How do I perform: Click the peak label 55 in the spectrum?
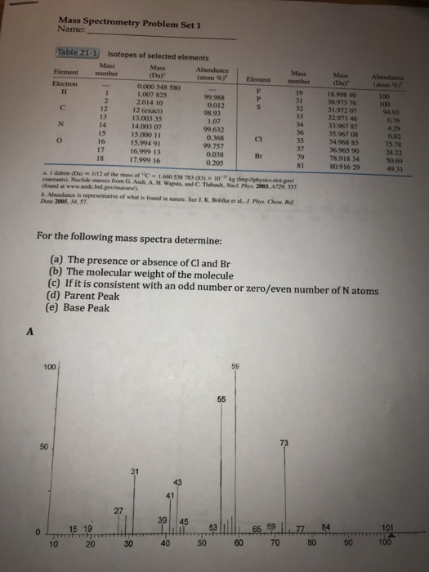pyautogui.click(x=221, y=399)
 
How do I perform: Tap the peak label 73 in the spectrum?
pyautogui.click(x=284, y=443)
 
